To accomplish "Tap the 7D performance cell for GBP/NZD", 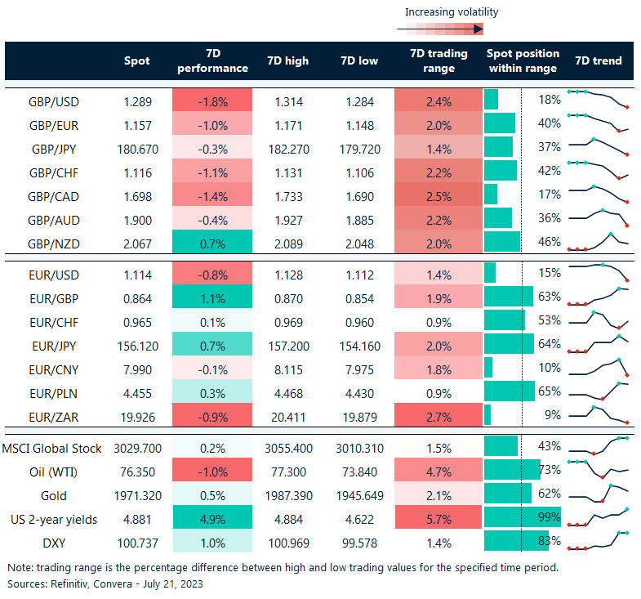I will (211, 243).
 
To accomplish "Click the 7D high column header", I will (287, 61).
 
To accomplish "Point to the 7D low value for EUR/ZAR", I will (358, 415).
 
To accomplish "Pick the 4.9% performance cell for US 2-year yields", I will (211, 518).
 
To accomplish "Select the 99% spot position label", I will (550, 517).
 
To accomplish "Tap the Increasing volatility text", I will (452, 12).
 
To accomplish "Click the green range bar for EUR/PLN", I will (510, 391).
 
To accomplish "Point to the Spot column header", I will (136, 61).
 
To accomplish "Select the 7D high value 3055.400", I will (287, 448).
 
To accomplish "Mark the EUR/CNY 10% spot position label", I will (550, 368).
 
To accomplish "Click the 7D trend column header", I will (599, 61).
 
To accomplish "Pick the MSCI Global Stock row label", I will (52, 448).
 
